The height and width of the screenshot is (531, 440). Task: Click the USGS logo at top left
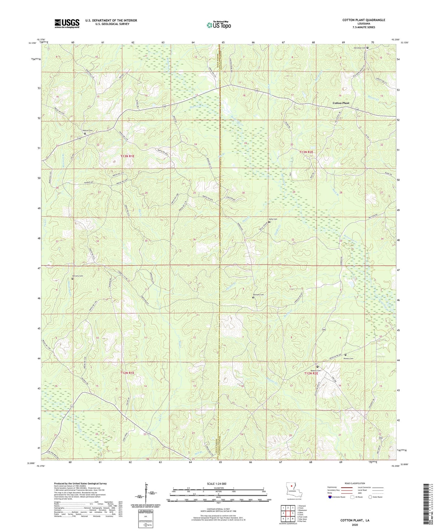(67, 23)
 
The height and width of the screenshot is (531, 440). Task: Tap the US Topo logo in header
(219, 25)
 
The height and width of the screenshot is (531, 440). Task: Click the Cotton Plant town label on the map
(341, 103)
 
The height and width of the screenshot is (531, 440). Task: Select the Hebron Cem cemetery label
(86, 131)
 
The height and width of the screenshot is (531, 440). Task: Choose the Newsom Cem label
(258, 295)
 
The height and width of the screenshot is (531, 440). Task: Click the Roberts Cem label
(315, 370)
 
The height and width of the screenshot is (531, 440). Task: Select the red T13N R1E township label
(127, 156)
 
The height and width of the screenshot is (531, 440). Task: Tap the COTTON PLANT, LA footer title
(355, 520)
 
